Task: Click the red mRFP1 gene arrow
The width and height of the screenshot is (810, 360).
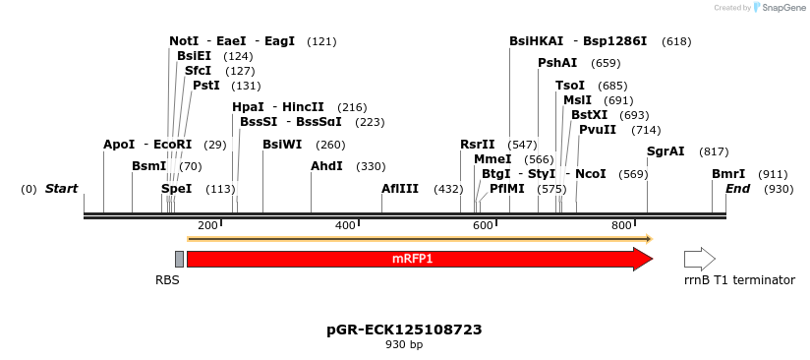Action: click(x=413, y=259)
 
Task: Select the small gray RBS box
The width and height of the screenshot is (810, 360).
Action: click(x=179, y=259)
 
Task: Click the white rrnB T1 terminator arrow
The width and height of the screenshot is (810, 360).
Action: click(x=699, y=259)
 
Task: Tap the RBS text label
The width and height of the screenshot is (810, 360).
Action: click(x=167, y=280)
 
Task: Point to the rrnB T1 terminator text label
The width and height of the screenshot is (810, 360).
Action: click(x=739, y=280)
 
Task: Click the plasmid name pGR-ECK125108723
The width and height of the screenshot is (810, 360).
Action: click(x=404, y=330)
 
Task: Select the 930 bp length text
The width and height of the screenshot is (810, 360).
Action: click(x=404, y=345)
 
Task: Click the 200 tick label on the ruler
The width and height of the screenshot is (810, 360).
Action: click(x=207, y=226)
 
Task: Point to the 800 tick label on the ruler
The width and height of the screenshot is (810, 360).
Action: click(x=621, y=226)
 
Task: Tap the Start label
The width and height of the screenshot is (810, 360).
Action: click(x=61, y=189)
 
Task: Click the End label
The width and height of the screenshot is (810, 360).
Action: click(x=738, y=189)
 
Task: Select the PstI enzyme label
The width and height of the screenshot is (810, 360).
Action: click(x=206, y=86)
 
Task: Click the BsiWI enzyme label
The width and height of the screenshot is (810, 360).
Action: click(x=282, y=145)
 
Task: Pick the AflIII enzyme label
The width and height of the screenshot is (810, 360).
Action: click(x=400, y=189)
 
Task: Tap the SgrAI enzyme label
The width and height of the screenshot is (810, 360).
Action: click(x=665, y=151)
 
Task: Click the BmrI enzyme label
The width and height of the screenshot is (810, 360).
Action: click(x=728, y=174)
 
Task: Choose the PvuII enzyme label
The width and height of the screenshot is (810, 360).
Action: click(x=598, y=130)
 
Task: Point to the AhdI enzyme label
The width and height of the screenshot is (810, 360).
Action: click(x=326, y=166)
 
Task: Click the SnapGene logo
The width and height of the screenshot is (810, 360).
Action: click(x=780, y=8)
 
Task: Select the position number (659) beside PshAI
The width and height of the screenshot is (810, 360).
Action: click(x=606, y=63)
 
